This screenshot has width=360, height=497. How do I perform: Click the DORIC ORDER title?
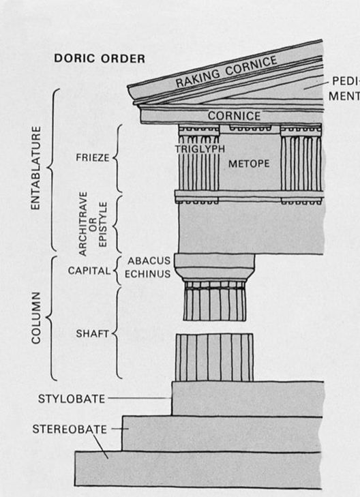pyautogui.click(x=100, y=59)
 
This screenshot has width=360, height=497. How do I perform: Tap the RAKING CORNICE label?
pyautogui.click(x=226, y=72)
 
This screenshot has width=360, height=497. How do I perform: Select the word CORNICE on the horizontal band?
pyautogui.click(x=234, y=116)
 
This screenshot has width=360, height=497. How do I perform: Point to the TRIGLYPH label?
pyautogui.click(x=200, y=149)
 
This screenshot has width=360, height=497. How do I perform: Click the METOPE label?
pyautogui.click(x=249, y=164)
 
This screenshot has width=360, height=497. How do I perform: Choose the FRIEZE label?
pyautogui.click(x=93, y=157)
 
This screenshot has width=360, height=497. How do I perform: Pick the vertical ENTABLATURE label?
pyautogui.click(x=36, y=168)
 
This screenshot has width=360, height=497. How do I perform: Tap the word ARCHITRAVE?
pyautogui.click(x=82, y=224)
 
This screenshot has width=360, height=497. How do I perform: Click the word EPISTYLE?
pyautogui.click(x=104, y=224)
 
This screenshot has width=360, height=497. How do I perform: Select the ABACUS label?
pyautogui.click(x=149, y=260)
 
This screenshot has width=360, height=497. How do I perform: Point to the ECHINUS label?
pyautogui.click(x=148, y=274)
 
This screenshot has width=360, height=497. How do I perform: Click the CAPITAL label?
pyautogui.click(x=89, y=271)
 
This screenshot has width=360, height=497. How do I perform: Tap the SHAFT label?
pyautogui.click(x=93, y=333)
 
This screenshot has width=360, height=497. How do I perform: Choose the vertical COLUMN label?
pyautogui.click(x=36, y=318)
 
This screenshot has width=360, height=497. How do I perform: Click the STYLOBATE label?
pyautogui.click(x=72, y=399)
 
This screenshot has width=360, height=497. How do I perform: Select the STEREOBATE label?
pyautogui.click(x=70, y=430)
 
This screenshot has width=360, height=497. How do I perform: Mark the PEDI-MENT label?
pyautogui.click(x=344, y=89)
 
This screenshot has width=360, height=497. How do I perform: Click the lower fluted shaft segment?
pyautogui.click(x=215, y=357)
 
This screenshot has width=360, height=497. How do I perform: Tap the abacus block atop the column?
pyautogui.click(x=215, y=260)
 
